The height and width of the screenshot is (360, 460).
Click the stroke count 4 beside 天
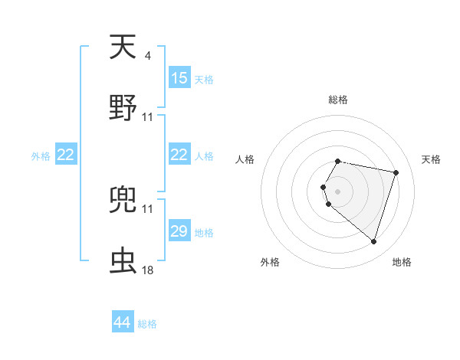coord(147,55)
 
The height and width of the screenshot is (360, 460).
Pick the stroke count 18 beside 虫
coord(148,270)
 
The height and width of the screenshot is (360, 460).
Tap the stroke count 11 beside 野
coord(148,116)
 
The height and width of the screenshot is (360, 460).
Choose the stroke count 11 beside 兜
coord(148,208)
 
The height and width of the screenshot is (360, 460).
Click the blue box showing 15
coord(179,78)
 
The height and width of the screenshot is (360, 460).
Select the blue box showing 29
coord(179,231)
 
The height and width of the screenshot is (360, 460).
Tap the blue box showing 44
coord(123,323)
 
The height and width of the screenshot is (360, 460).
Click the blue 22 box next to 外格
coord(66,155)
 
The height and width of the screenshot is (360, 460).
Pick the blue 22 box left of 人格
coord(179,155)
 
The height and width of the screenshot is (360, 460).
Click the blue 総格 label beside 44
coord(147,324)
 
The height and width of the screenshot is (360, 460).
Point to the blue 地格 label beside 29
coord(204,232)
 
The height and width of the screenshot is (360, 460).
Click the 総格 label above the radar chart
coord(338,100)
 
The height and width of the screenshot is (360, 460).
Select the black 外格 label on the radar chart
coord(270,262)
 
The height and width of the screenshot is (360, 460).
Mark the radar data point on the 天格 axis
coord(396,172)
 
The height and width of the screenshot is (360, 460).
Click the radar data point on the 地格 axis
coord(373,242)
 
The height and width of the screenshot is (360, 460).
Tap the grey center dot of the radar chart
coord(338,191)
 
